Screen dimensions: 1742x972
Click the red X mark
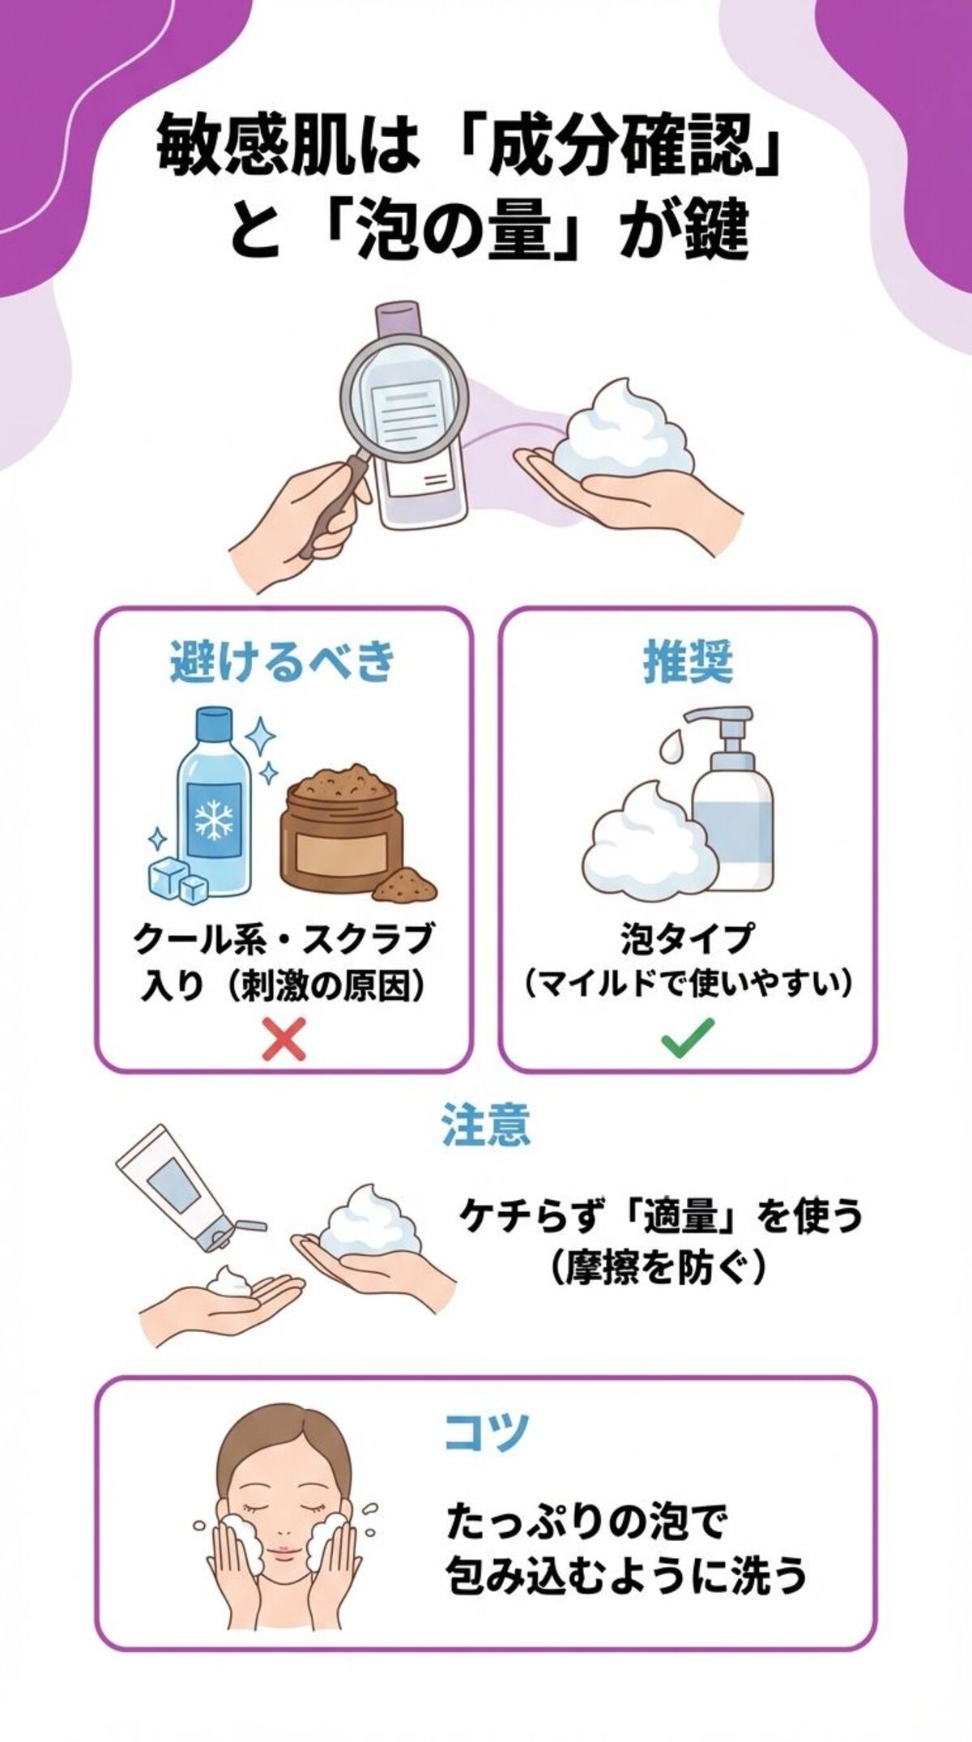click(x=284, y=1039)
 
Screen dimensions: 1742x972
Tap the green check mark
click(x=687, y=1038)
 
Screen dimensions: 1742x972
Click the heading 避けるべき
click(x=283, y=662)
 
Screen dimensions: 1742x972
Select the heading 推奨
click(x=688, y=662)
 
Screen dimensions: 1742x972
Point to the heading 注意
click(x=485, y=1125)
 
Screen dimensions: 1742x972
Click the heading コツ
click(x=487, y=1432)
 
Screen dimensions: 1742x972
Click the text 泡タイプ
click(x=687, y=940)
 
